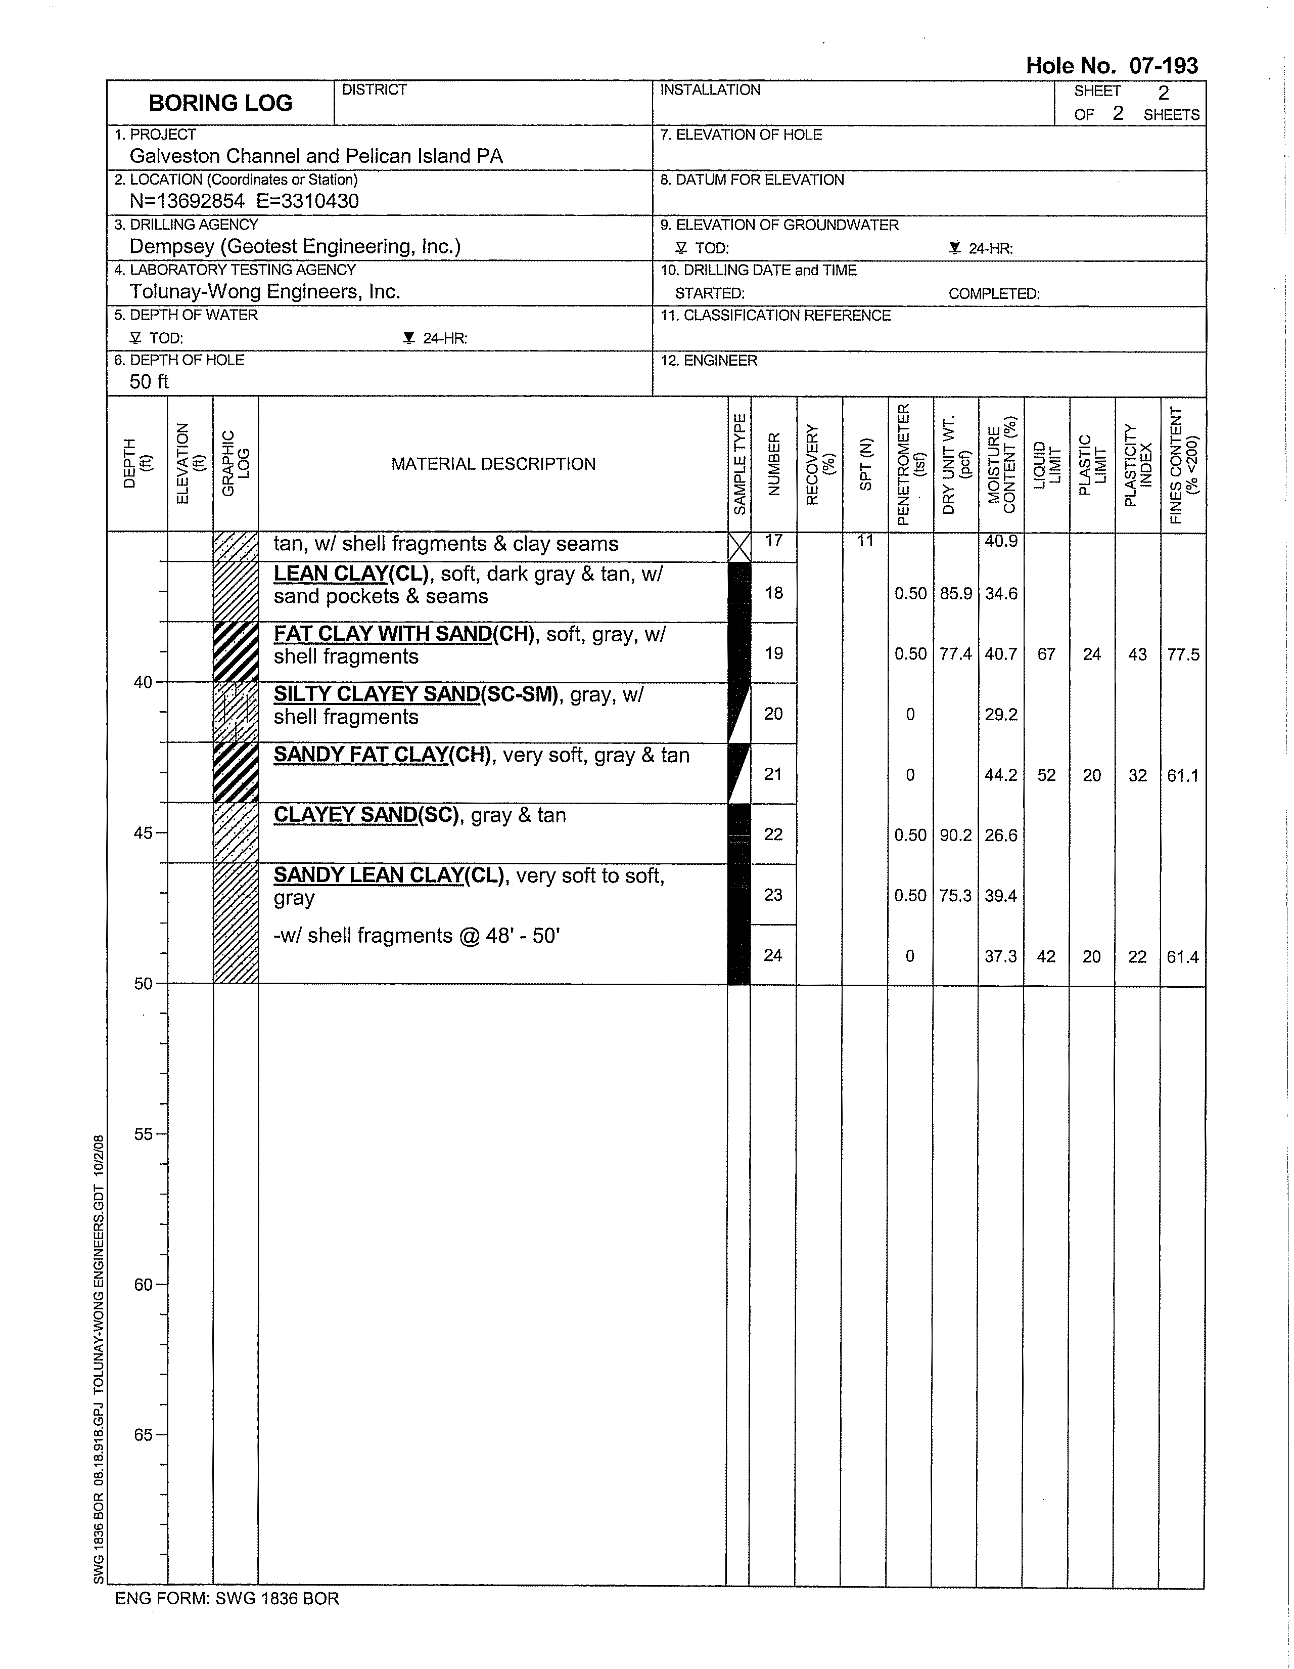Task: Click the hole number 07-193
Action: point(1164,66)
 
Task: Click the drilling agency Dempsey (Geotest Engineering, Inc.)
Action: point(294,246)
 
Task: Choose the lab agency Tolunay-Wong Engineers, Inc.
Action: point(264,291)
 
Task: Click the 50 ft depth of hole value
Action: point(149,381)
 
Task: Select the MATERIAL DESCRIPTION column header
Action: point(493,464)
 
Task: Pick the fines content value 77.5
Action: point(1182,654)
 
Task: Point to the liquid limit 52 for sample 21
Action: point(1046,775)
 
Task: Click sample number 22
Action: point(773,834)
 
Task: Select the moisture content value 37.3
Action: point(1001,956)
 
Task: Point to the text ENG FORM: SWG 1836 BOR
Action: point(227,1599)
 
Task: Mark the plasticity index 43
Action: point(1137,654)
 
